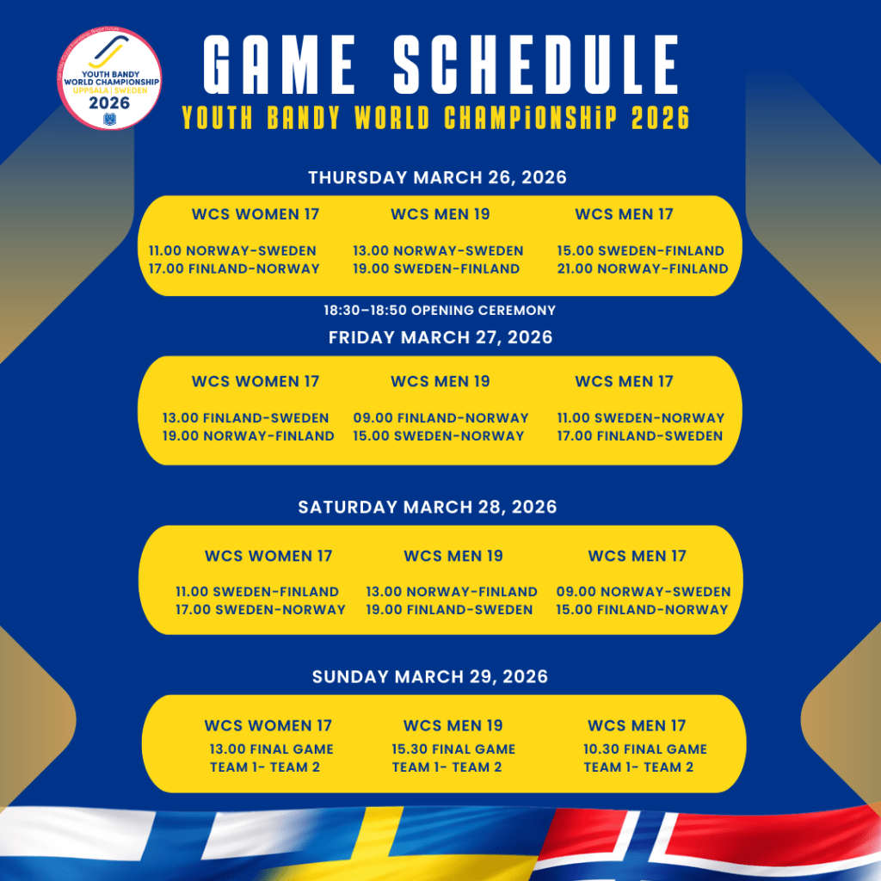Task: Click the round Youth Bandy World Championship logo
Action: [109, 78]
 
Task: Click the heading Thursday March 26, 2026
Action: [437, 177]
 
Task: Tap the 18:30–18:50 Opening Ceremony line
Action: [440, 310]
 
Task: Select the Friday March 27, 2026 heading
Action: [440, 337]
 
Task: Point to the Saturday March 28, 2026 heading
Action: [427, 507]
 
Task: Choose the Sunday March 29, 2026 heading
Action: [430, 676]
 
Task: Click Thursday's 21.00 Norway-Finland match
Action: [642, 268]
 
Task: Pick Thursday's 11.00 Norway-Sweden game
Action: [232, 250]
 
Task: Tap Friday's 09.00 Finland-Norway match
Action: [440, 418]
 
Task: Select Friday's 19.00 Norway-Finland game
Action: [248, 436]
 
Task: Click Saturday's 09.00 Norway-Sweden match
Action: [644, 592]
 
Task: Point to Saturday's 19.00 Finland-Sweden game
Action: [449, 610]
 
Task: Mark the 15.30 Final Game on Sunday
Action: [453, 749]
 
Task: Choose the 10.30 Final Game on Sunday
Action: [645, 749]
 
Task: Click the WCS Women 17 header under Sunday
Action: [268, 725]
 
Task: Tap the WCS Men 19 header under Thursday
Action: [440, 214]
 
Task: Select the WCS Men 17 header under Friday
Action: [624, 381]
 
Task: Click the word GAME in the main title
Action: [280, 64]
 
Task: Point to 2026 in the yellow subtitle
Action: [660, 118]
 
